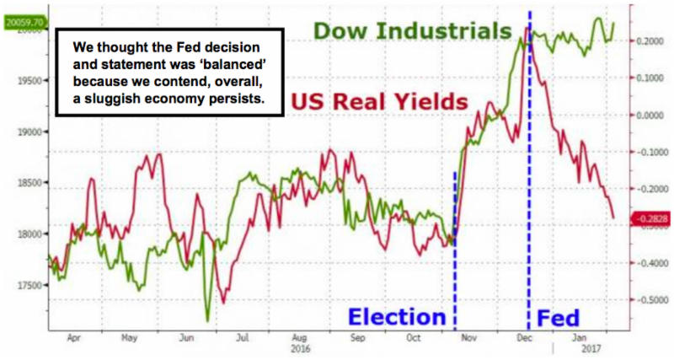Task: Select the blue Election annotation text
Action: pos(396,317)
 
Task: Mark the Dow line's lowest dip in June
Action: pos(207,320)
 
